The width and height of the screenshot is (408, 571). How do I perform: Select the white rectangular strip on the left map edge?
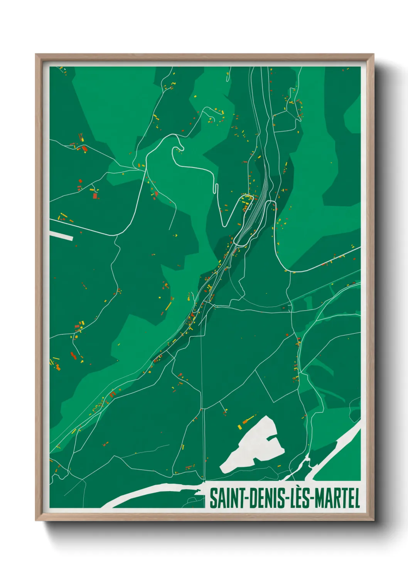click(61, 235)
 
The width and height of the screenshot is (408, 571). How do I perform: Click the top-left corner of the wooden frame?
click(36, 55)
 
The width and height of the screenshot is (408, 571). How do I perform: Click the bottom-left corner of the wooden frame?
click(36, 520)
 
